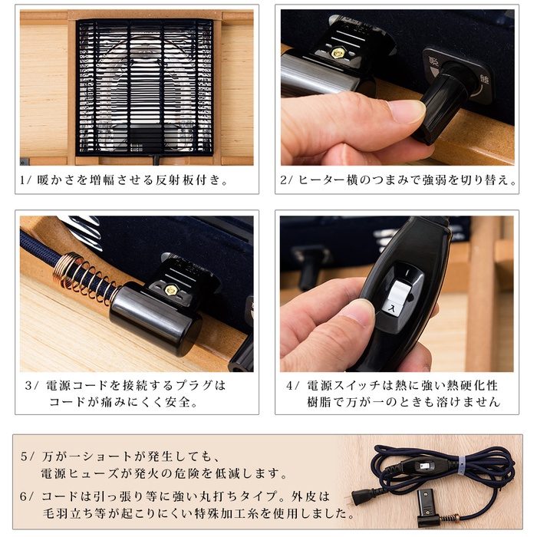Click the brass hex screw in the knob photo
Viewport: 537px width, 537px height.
pos(338,53)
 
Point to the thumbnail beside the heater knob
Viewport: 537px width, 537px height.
pos(408,111)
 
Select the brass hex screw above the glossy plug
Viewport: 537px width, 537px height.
pos(171,290)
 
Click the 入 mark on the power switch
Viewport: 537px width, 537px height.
pos(390,308)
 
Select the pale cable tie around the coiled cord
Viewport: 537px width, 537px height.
pos(462,466)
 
